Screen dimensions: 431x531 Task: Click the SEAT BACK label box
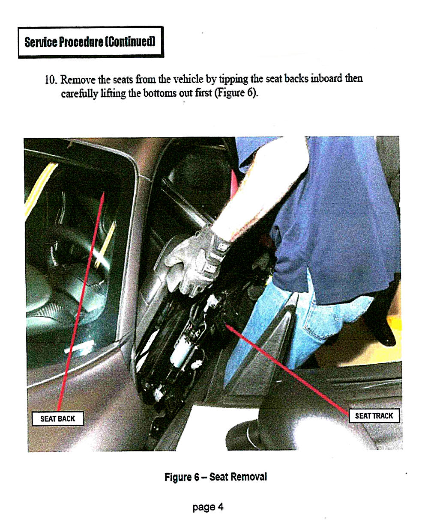(x=58, y=418)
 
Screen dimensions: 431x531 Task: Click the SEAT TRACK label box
(x=374, y=415)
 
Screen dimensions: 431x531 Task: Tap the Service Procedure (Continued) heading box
(x=91, y=42)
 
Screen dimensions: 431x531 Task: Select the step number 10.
(x=51, y=80)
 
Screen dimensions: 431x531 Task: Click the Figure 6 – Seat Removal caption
(x=215, y=477)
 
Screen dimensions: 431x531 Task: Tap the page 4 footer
(x=208, y=507)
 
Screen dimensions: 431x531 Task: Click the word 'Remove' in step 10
(x=78, y=80)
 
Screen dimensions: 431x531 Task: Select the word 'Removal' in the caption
(x=250, y=477)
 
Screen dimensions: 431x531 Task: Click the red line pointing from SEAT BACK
(x=81, y=302)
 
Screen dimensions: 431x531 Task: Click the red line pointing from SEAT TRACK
(x=287, y=368)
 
